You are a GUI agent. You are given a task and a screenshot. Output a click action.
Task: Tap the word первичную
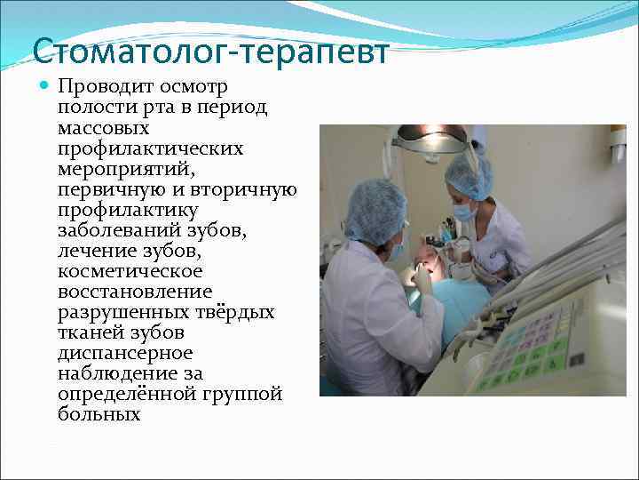[107, 189]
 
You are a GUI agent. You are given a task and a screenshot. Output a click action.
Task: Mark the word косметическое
[130, 271]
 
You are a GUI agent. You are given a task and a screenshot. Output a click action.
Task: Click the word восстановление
[134, 292]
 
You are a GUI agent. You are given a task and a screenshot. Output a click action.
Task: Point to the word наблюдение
[112, 373]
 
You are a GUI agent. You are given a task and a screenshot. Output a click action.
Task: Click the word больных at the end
[99, 414]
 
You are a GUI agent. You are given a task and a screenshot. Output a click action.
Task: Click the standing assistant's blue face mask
[464, 212]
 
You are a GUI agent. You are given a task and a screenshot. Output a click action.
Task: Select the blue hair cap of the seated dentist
[375, 211]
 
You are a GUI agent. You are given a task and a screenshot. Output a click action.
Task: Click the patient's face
[429, 263]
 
